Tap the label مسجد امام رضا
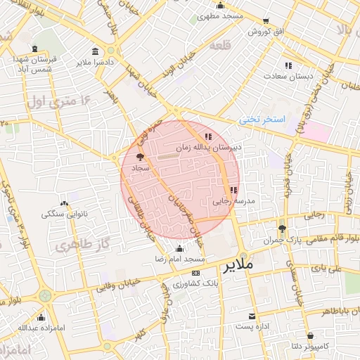[181, 259]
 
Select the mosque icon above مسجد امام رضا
[180, 248]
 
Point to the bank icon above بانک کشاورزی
[195, 273]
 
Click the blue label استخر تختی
[262, 120]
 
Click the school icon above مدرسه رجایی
[233, 190]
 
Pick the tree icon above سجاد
[139, 157]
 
